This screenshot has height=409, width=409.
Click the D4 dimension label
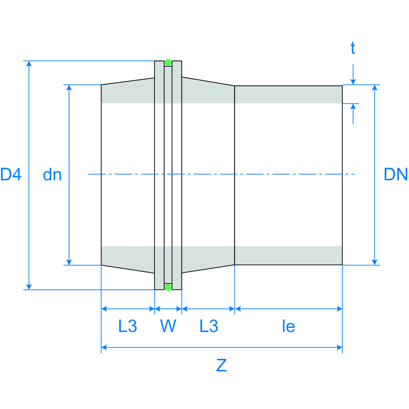pyautogui.click(x=11, y=174)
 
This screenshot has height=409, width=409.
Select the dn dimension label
pyautogui.click(x=52, y=175)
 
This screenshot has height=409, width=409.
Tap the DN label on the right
pyautogui.click(x=396, y=174)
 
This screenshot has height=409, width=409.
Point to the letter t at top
pyautogui.click(x=353, y=48)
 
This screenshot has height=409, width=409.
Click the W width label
pyautogui.click(x=168, y=326)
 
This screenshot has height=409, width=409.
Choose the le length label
pyautogui.click(x=288, y=327)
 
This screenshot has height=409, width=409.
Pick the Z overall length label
pyautogui.click(x=221, y=365)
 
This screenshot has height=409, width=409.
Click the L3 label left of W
pyautogui.click(x=128, y=326)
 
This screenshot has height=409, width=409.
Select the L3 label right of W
pyautogui.click(x=209, y=326)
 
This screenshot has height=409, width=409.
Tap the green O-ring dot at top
pyautogui.click(x=168, y=62)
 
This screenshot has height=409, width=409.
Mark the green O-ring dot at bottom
pyautogui.click(x=168, y=288)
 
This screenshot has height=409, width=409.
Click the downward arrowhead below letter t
pyautogui.click(x=353, y=82)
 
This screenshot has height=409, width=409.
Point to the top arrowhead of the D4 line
pyautogui.click(x=29, y=64)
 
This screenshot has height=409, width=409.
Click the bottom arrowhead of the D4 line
pyautogui.click(x=29, y=287)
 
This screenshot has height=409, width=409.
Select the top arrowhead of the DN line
pyautogui.click(x=375, y=88)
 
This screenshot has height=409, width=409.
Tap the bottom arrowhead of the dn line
pyautogui.click(x=69, y=262)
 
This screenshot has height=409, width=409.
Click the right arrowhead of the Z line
pyautogui.click(x=339, y=348)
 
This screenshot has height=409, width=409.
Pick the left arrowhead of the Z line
pyautogui.click(x=104, y=348)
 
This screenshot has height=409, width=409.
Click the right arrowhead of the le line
pyautogui.click(x=339, y=309)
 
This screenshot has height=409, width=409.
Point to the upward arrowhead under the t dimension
pyautogui.click(x=353, y=107)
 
